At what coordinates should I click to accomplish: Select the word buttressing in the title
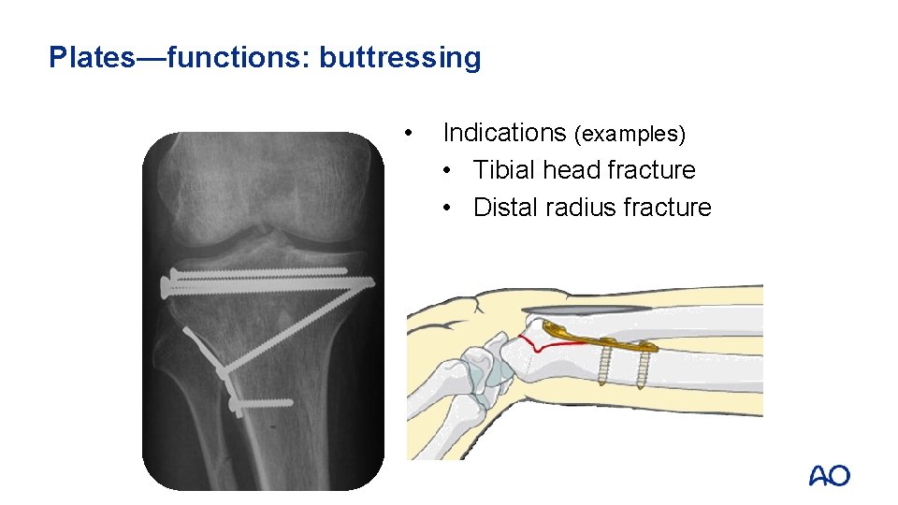point(400,58)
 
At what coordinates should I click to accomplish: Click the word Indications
point(504,133)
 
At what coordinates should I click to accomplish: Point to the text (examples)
point(630,134)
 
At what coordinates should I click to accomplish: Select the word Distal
point(505,208)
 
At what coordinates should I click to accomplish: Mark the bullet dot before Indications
point(407,132)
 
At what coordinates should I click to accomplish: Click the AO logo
point(830,476)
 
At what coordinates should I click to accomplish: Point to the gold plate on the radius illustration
point(599,339)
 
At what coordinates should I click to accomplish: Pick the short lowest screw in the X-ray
point(262,404)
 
